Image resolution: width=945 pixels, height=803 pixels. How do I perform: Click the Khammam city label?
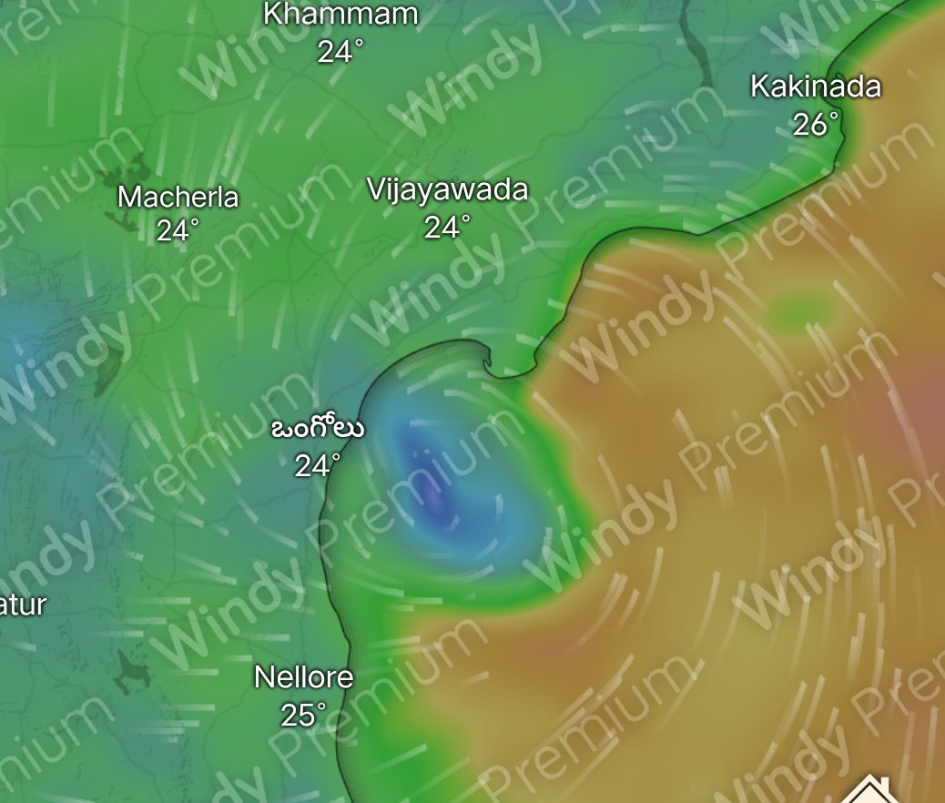pyautogui.click(x=340, y=15)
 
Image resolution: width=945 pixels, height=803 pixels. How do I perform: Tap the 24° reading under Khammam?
pyautogui.click(x=340, y=52)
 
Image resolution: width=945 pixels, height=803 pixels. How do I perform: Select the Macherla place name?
pyautogui.click(x=178, y=197)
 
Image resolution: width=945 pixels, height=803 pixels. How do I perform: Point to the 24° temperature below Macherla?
pyautogui.click(x=178, y=231)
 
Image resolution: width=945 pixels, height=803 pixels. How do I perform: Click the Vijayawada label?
pyautogui.click(x=447, y=190)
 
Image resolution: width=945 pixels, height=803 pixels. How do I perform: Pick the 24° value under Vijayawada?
pyautogui.click(x=447, y=227)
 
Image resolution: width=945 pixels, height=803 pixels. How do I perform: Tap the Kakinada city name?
pyautogui.click(x=815, y=87)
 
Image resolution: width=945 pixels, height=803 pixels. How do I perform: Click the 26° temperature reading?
pyautogui.click(x=815, y=125)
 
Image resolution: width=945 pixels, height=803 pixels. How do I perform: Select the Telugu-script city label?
pyautogui.click(x=318, y=429)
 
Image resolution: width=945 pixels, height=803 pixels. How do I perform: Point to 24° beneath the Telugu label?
pyautogui.click(x=317, y=465)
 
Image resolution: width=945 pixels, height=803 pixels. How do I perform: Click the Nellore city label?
pyautogui.click(x=303, y=677)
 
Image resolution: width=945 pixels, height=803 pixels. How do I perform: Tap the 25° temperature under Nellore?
pyautogui.click(x=303, y=715)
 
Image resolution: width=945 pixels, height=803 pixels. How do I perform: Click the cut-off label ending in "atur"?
pyautogui.click(x=22, y=605)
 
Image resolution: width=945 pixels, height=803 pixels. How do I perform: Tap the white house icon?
pyautogui.click(x=872, y=788)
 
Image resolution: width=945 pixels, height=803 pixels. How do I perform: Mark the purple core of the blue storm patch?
pyautogui.click(x=435, y=496)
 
